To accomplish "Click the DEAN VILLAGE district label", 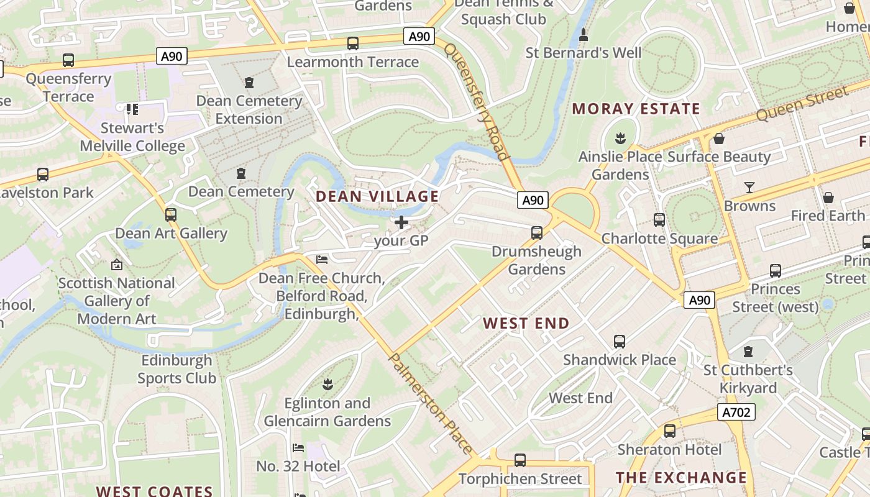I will point(377,196).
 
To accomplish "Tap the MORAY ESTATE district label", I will point(636,109).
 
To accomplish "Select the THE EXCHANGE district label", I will point(681,477).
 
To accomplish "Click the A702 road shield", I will point(736,412).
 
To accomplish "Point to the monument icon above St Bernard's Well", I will point(583,35).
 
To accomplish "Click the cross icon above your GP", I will point(401,222).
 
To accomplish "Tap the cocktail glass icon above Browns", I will point(749,187).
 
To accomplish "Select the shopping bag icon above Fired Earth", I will point(828,198).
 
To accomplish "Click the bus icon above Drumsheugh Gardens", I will point(536,233).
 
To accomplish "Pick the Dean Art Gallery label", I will point(171,234).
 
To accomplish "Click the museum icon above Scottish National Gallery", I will point(116,265).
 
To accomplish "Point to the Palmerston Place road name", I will point(430,403).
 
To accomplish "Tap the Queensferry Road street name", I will point(477,103).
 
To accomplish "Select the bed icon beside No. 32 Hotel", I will point(298,448).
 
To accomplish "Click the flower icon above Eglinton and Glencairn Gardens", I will point(327,385).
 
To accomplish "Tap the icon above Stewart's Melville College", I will point(132,109).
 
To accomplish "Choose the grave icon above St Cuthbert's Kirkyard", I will point(748,352).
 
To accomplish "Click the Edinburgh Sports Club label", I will point(177,369).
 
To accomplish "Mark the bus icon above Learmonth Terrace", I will point(352,43).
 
